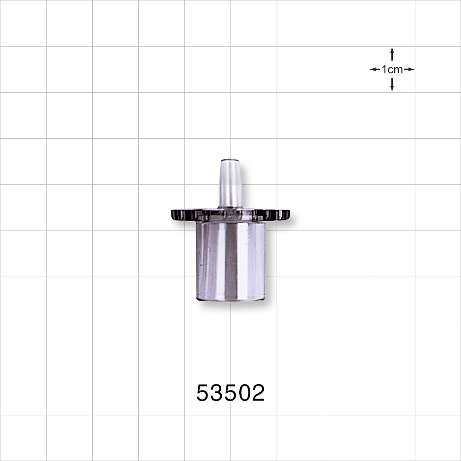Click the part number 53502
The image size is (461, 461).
[x=230, y=393]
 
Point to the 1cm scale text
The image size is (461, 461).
[x=392, y=70]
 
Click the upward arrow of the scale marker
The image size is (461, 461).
[x=392, y=53]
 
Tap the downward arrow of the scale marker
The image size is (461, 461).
[x=392, y=85]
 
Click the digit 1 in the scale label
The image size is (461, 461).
[x=384, y=70]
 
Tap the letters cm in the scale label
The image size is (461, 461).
[x=395, y=70]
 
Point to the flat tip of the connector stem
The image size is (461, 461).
[x=230, y=160]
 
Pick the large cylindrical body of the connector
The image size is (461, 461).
[x=230, y=260]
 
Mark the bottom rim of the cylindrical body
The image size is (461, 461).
[x=230, y=299]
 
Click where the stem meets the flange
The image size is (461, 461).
[x=230, y=208]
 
